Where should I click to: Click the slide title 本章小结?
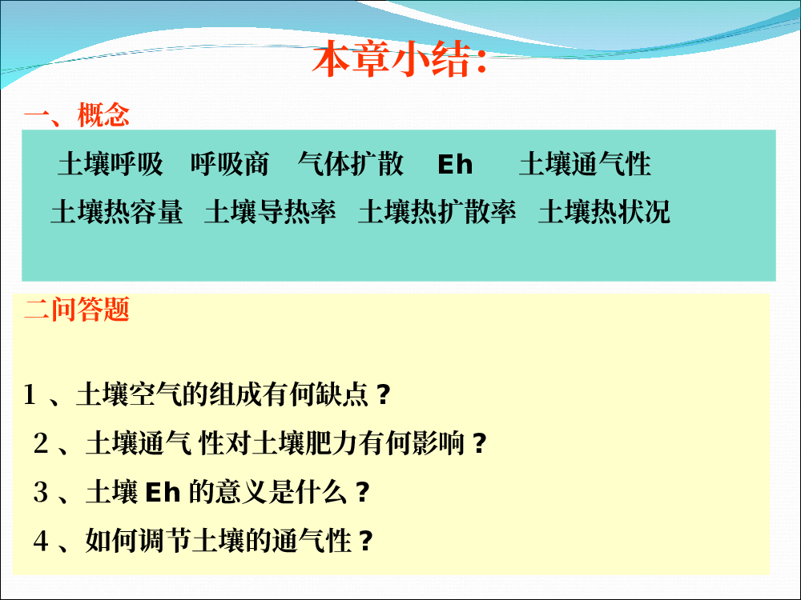tap(398, 60)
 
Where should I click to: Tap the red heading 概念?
tap(103, 114)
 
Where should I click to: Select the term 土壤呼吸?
tap(111, 164)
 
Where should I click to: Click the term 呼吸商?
tap(230, 164)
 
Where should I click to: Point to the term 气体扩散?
tap(351, 164)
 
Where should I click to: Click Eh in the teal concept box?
tap(455, 164)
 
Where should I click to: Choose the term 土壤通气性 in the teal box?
tap(585, 164)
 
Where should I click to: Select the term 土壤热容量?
tap(116, 212)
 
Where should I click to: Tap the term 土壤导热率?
tap(270, 212)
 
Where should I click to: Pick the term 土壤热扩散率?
tap(437, 212)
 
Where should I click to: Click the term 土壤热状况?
tap(604, 212)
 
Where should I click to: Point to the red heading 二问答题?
tap(77, 309)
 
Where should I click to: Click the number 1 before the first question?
tap(30, 395)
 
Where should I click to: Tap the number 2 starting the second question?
tap(41, 443)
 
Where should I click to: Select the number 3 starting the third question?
tap(41, 492)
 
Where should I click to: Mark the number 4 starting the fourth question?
tap(41, 540)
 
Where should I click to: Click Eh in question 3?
tap(163, 492)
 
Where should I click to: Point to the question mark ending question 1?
tap(384, 394)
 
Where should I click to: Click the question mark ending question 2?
tap(479, 443)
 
